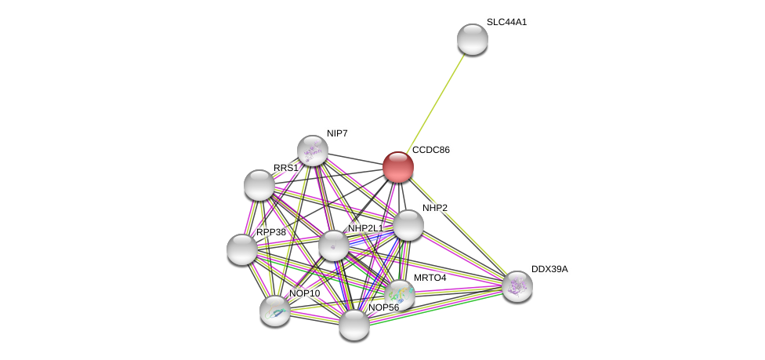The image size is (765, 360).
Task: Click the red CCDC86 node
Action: pyautogui.click(x=398, y=166)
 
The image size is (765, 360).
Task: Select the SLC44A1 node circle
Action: pyautogui.click(x=472, y=39)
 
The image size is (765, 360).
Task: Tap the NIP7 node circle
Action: pyautogui.click(x=312, y=151)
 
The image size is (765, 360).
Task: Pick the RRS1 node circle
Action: pyautogui.click(x=259, y=185)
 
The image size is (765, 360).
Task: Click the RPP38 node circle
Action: pyautogui.click(x=242, y=249)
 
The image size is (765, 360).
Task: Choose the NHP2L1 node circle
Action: pyautogui.click(x=333, y=245)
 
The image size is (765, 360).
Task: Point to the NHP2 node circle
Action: pyautogui.click(x=408, y=225)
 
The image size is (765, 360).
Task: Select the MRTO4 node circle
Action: pyautogui.click(x=399, y=295)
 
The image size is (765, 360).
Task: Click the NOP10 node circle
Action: pyautogui.click(x=275, y=310)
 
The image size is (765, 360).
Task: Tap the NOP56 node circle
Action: pyautogui.click(x=354, y=325)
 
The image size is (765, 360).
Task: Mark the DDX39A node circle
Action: pyautogui.click(x=517, y=285)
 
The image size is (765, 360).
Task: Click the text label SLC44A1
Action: pyautogui.click(x=506, y=22)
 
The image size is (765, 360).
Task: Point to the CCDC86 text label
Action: pyautogui.click(x=431, y=150)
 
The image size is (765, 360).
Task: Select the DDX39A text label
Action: pyautogui.click(x=549, y=269)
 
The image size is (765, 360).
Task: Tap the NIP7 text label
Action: pyautogui.click(x=337, y=133)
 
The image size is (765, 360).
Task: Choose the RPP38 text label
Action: pyautogui.click(x=271, y=232)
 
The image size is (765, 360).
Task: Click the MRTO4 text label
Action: pyautogui.click(x=430, y=278)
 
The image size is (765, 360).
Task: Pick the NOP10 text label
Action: pyautogui.click(x=304, y=293)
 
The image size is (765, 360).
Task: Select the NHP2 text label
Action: pyautogui.click(x=435, y=208)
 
